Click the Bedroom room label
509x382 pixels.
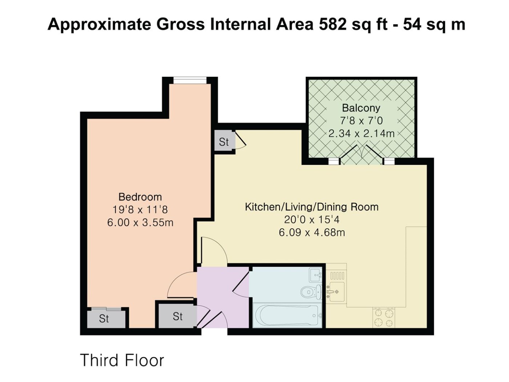pos(140,197)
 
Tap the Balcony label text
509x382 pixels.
pos(361,108)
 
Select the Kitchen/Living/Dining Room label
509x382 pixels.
pos(312,207)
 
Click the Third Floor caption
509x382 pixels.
pos(122,360)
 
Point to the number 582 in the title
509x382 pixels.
pos(333,25)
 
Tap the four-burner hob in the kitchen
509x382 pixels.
pos(384,318)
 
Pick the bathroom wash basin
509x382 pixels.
pos(316,275)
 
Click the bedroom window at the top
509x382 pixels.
pos(190,80)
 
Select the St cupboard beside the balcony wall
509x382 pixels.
pos(224,142)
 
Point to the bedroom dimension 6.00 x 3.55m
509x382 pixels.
pos(140,223)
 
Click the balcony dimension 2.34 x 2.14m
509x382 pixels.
pos(361,134)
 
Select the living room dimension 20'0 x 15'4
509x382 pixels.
pos(312,220)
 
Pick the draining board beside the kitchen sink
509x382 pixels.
pos(337,276)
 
